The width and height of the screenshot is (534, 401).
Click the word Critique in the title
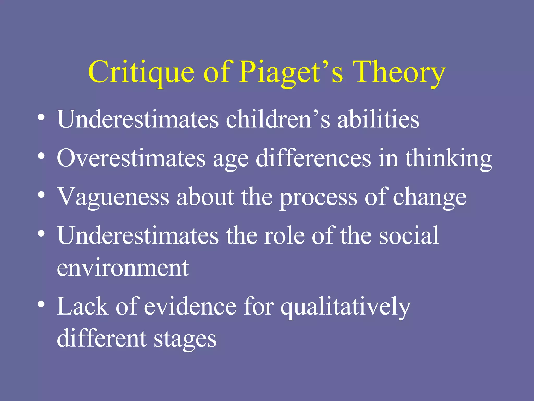(141, 72)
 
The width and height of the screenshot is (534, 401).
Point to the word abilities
(378, 119)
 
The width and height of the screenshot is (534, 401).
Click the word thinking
(448, 158)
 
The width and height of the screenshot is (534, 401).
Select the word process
(318, 198)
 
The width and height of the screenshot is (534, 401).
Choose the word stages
(185, 339)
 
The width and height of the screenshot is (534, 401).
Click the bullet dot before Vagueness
(41, 195)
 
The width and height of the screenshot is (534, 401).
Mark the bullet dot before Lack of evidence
(41, 304)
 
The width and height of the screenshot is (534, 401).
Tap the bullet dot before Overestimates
(41, 156)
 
